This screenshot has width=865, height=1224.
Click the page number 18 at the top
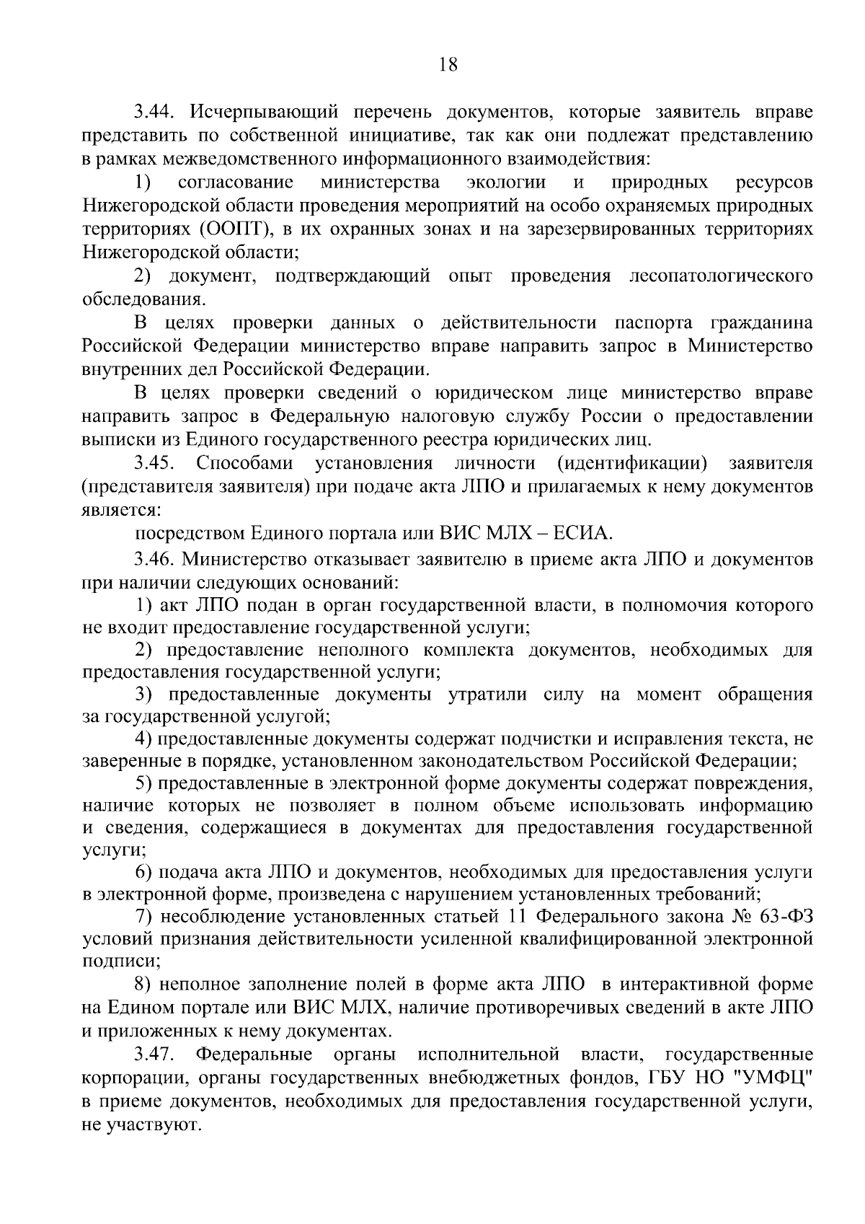(448, 65)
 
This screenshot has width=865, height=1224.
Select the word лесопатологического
(722, 276)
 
